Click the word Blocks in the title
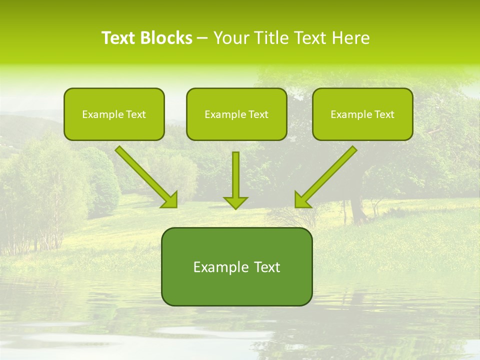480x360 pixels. (x=166, y=38)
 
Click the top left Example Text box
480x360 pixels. (x=114, y=114)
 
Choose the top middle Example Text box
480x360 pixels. (x=236, y=114)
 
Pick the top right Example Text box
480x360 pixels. (x=362, y=114)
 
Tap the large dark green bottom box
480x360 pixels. (x=236, y=266)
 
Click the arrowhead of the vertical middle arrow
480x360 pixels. (x=235, y=202)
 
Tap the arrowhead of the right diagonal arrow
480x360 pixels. (x=301, y=200)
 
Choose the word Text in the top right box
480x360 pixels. (x=384, y=114)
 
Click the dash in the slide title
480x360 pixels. (x=202, y=38)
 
